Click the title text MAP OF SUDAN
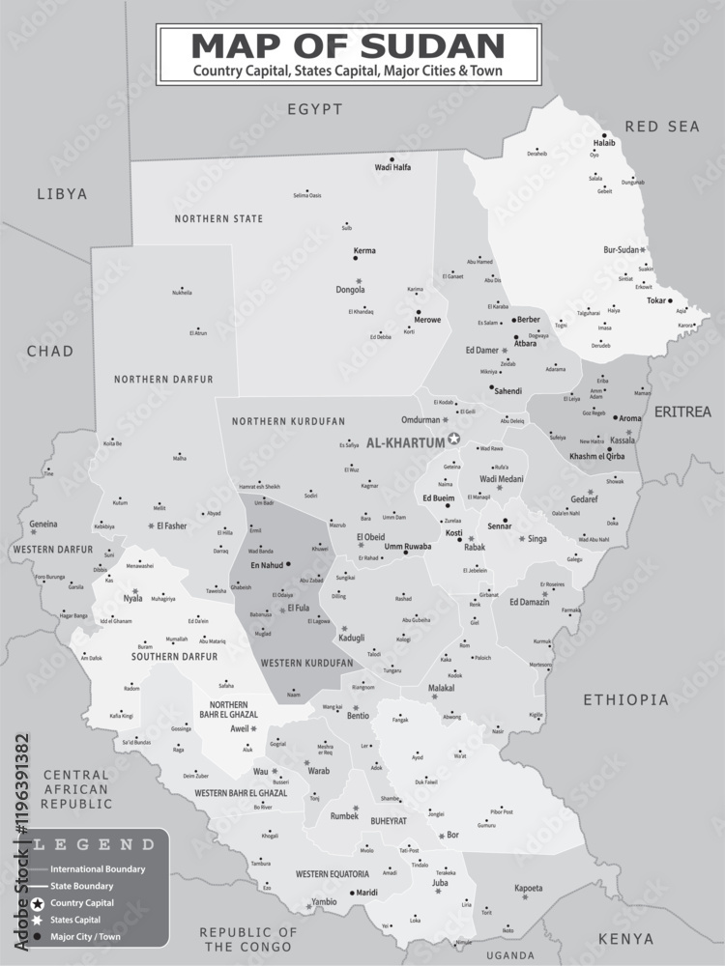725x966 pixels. click(x=348, y=45)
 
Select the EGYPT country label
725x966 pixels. click(x=314, y=109)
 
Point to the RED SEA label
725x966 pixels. click(x=661, y=127)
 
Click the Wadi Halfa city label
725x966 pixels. click(x=392, y=167)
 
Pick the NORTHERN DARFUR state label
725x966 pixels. click(x=162, y=379)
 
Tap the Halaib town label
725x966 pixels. click(x=604, y=143)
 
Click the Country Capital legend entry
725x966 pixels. click(x=82, y=902)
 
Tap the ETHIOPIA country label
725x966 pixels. click(x=625, y=699)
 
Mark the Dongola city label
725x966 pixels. click(x=349, y=289)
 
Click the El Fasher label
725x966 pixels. click(x=171, y=526)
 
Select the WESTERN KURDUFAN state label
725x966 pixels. click(x=306, y=663)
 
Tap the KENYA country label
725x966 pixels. click(x=625, y=938)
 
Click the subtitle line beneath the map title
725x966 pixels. click(x=348, y=71)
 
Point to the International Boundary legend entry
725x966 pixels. click(x=97, y=868)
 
